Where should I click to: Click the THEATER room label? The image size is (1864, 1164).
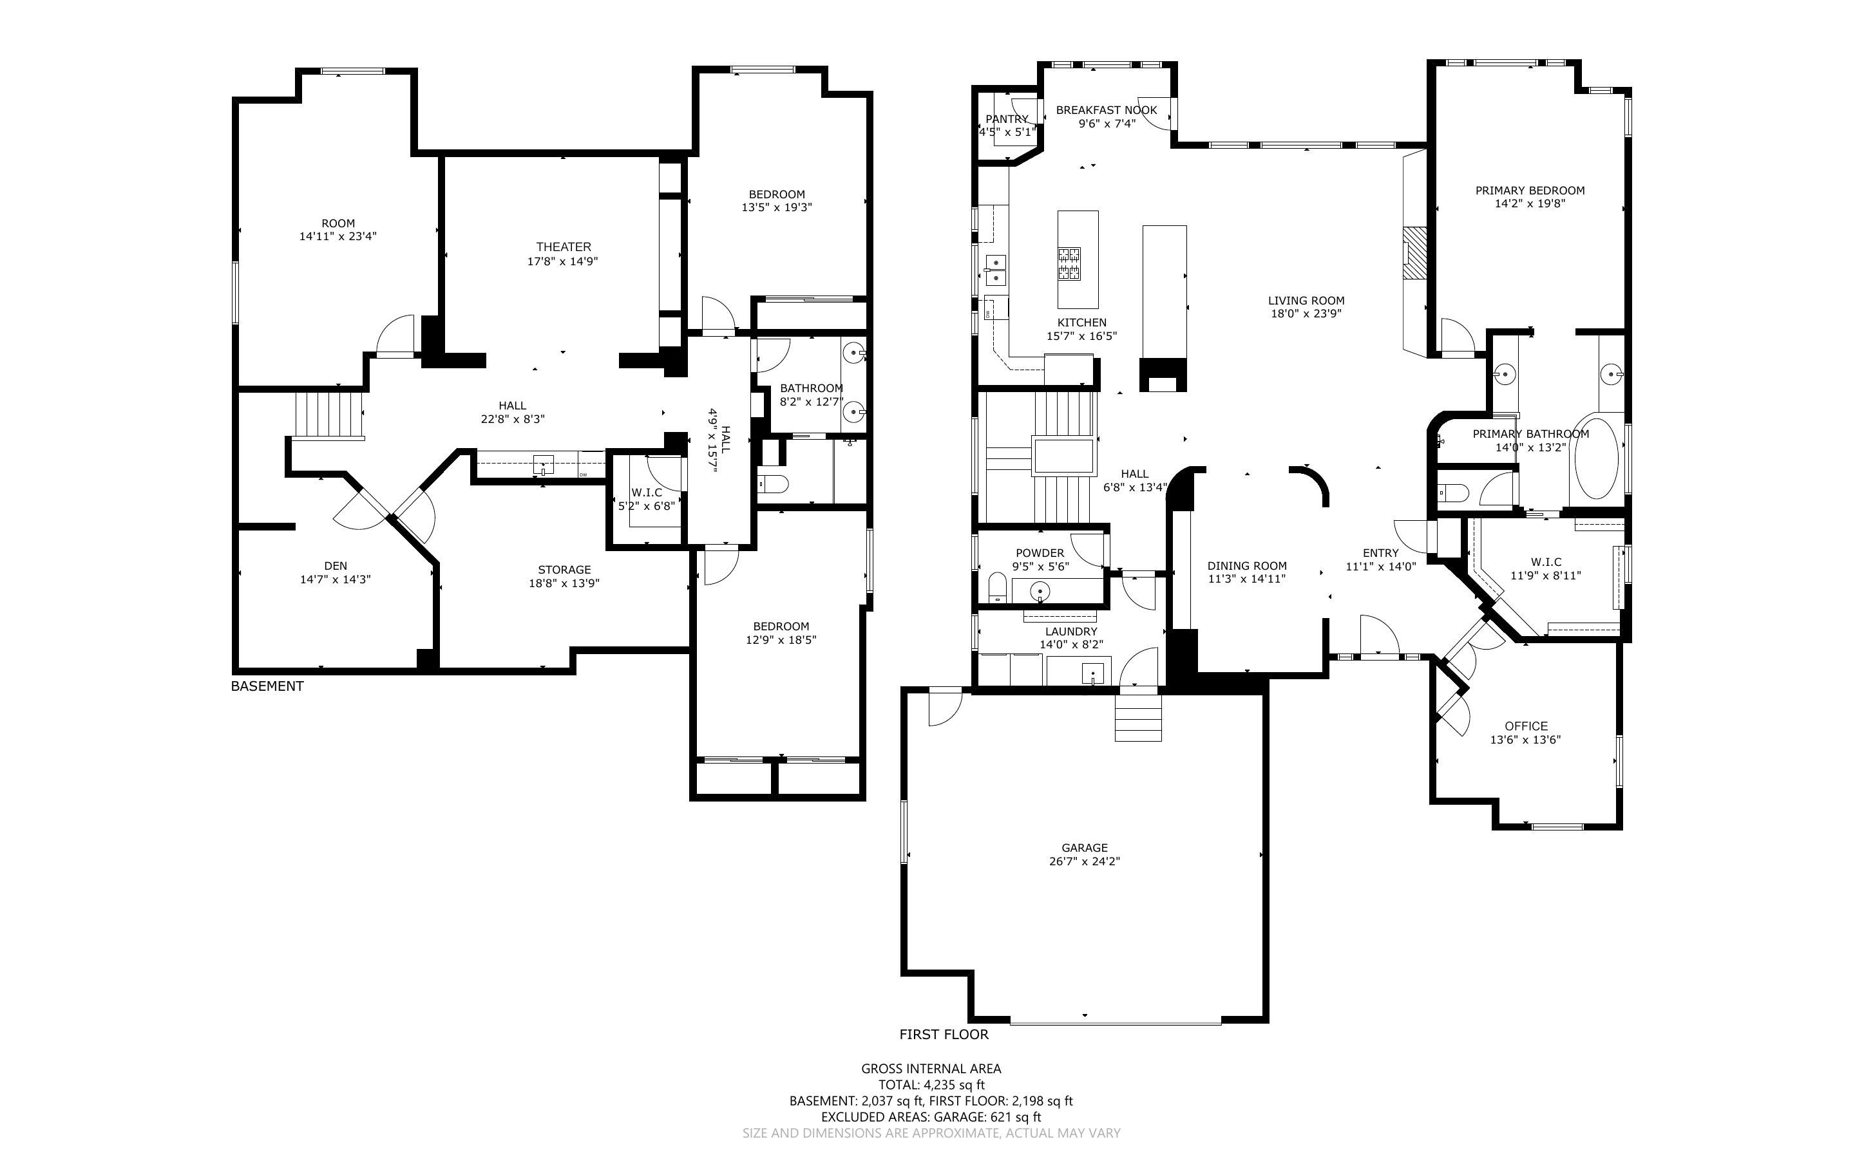564,247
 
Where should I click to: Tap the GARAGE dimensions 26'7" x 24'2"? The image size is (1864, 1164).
1084,861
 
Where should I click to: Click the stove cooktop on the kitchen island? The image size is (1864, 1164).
1068,263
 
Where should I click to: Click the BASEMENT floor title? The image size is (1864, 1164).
267,686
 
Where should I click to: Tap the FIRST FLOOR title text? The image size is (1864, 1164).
944,1035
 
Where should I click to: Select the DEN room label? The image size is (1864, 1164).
335,566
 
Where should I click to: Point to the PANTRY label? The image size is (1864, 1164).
1006,119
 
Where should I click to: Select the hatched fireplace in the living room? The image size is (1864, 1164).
1414,252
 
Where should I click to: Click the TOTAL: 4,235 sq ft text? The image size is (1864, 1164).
931,1085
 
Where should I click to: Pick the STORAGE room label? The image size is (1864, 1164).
564,570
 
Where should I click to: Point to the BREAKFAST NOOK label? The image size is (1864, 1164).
1106,110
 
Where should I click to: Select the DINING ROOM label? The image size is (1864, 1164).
1246,566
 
